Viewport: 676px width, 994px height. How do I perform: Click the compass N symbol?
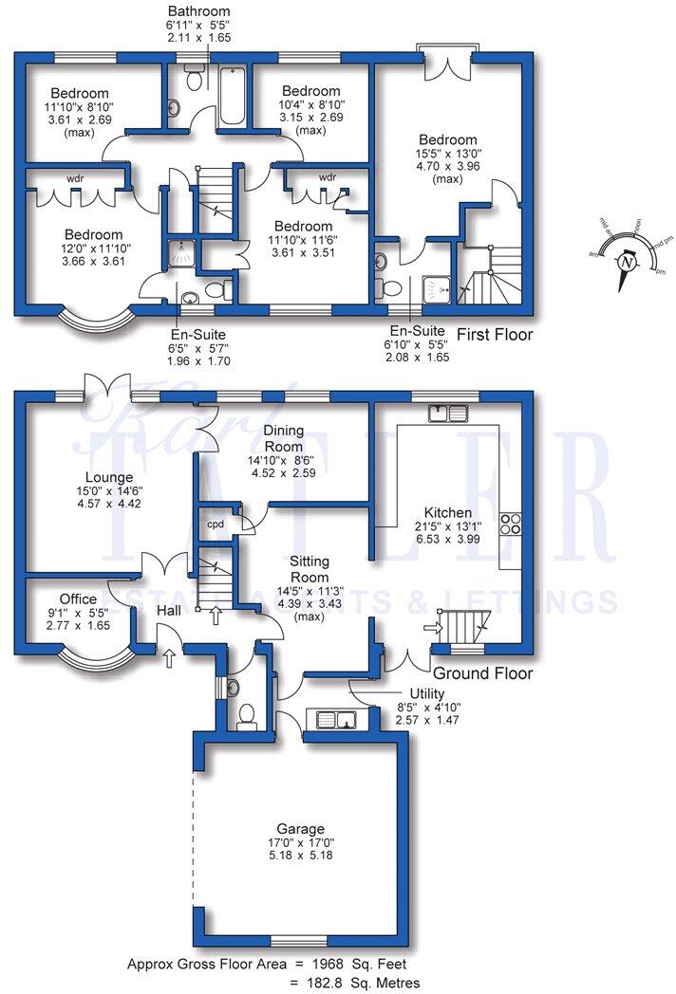[x=626, y=262]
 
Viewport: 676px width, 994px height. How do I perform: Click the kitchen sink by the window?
[x=448, y=413]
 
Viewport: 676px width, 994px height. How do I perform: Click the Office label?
[x=78, y=599]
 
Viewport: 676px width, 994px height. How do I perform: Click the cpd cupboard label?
[x=216, y=523]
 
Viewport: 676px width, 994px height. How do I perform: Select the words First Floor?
[x=495, y=335]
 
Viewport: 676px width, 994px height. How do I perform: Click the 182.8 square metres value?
[x=350, y=983]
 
